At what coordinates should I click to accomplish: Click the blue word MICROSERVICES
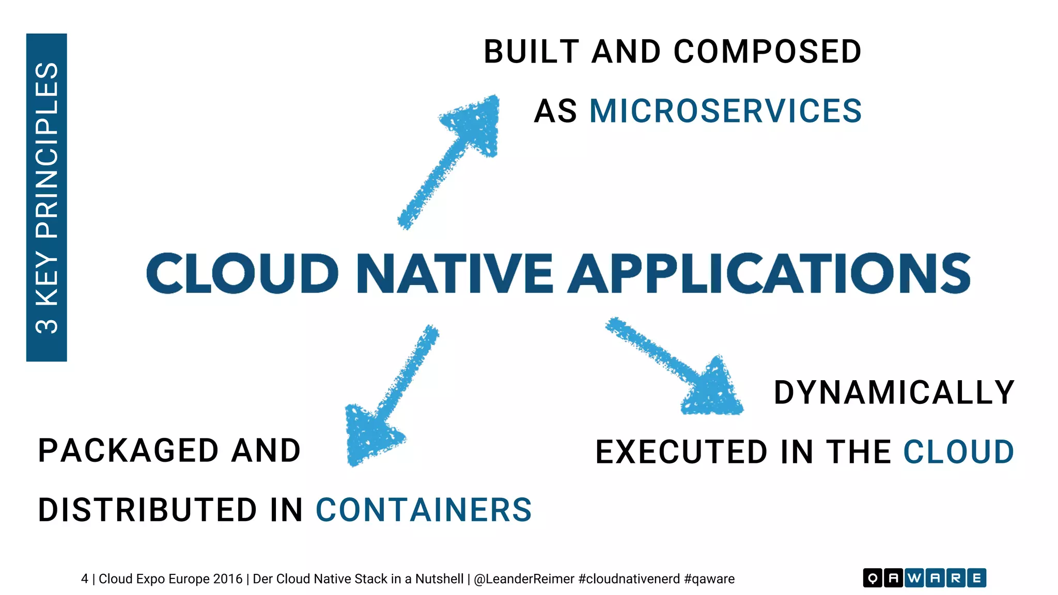725,111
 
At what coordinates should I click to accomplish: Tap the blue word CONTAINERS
424,510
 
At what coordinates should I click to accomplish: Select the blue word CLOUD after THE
958,452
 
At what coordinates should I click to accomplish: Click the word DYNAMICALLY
894,393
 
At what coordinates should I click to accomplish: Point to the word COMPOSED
768,52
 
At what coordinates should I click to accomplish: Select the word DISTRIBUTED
147,510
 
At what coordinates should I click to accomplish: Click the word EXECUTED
681,452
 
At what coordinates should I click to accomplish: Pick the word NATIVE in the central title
455,273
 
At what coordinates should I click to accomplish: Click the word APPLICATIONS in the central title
770,273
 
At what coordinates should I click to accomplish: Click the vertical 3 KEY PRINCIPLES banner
46,197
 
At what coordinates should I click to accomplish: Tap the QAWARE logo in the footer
924,578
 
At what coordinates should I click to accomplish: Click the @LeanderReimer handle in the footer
524,579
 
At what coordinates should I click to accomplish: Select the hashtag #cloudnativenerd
629,579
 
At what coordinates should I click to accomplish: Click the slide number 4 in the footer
84,579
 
